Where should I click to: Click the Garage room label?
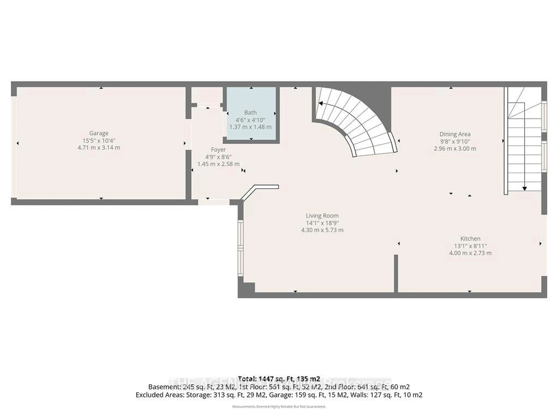(99, 133)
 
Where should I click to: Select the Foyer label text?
(218, 150)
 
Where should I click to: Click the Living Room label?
(322, 216)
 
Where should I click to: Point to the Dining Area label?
(455, 134)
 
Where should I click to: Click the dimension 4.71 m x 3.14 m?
(99, 148)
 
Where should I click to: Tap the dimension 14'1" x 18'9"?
(322, 223)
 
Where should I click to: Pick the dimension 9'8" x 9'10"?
(455, 141)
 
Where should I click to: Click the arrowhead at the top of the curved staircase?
(321, 103)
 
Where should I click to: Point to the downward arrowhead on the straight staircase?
(524, 189)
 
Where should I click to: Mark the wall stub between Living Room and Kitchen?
(396, 273)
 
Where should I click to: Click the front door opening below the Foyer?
(213, 202)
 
